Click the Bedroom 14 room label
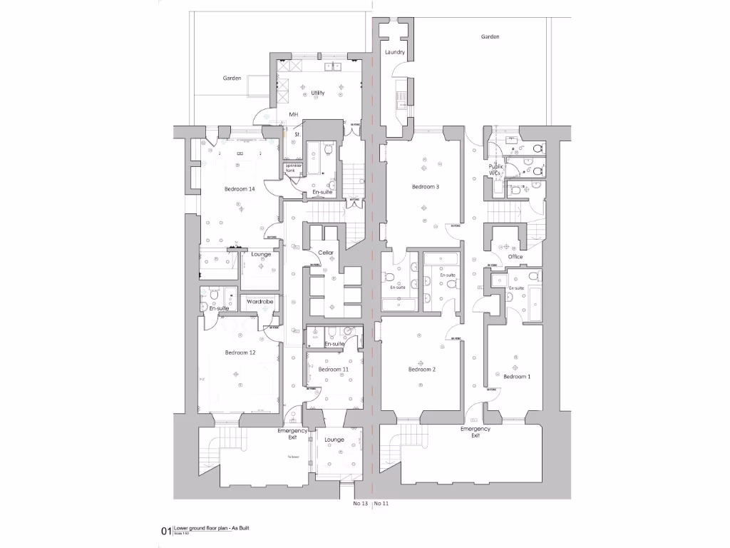(x=240, y=189)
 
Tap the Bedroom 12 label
(x=240, y=352)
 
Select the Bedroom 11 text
(x=334, y=369)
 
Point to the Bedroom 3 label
(x=425, y=187)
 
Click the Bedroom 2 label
(x=422, y=369)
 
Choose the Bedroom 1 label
(x=517, y=376)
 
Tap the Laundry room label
(x=395, y=53)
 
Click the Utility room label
(x=317, y=93)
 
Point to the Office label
(x=515, y=257)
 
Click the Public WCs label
(x=496, y=170)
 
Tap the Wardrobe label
(x=259, y=302)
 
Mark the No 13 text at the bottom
(x=361, y=502)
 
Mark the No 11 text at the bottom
(x=381, y=502)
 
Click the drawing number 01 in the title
(x=165, y=531)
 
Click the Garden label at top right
(x=490, y=36)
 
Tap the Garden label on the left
(x=232, y=78)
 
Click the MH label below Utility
(x=293, y=115)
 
